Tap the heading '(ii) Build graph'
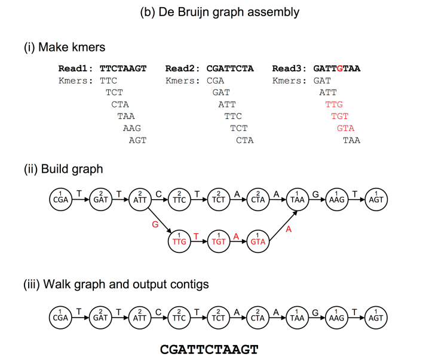click(x=63, y=169)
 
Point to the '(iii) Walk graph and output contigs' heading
click(x=116, y=284)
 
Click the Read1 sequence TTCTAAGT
click(x=123, y=69)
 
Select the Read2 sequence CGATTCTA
click(x=230, y=69)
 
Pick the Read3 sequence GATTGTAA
click(x=337, y=69)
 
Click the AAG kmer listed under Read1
click(x=132, y=128)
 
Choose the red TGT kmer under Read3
click(x=340, y=116)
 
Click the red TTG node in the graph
click(x=179, y=241)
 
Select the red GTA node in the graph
click(x=258, y=241)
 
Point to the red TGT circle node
click(x=219, y=241)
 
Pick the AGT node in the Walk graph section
click(x=375, y=316)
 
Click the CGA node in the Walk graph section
click(x=62, y=316)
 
